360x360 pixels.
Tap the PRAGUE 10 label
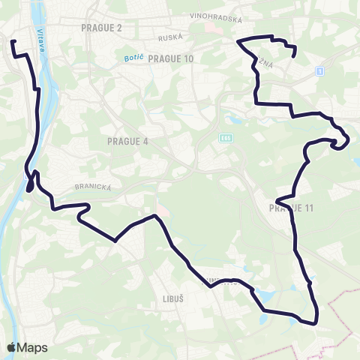(x=171, y=58)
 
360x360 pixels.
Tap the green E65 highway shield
(x=226, y=138)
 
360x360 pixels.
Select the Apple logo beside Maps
(x=11, y=347)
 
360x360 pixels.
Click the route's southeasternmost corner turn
(x=316, y=321)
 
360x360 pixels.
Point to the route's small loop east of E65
(x=342, y=139)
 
